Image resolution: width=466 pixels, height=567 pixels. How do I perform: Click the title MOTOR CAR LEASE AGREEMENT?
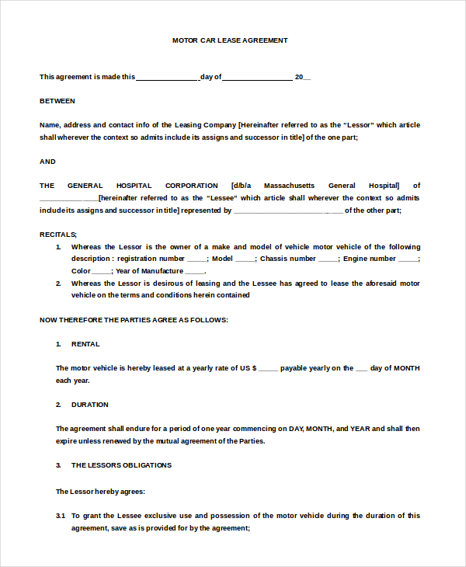[230, 40]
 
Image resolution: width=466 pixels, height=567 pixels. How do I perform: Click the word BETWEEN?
[57, 101]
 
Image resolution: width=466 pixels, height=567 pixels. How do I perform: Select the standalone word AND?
[47, 162]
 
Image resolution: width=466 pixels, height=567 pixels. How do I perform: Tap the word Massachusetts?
[290, 186]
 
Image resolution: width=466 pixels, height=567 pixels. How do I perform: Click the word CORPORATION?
[191, 186]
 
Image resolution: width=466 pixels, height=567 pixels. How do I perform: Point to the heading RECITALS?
[58, 234]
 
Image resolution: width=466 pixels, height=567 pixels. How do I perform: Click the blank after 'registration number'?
[196, 259]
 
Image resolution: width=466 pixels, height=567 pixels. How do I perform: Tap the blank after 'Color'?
[101, 272]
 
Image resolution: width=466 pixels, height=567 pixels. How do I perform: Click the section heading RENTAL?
[85, 344]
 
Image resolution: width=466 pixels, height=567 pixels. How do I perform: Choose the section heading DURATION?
[90, 405]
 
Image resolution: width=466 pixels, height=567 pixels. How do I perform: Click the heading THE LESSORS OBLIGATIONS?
[121, 465]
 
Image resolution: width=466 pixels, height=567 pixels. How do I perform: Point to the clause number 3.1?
[61, 515]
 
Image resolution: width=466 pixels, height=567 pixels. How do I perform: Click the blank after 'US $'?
[267, 368]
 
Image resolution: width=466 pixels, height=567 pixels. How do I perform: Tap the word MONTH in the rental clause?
[407, 368]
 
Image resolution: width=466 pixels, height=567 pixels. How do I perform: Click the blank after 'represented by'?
[287, 210]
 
